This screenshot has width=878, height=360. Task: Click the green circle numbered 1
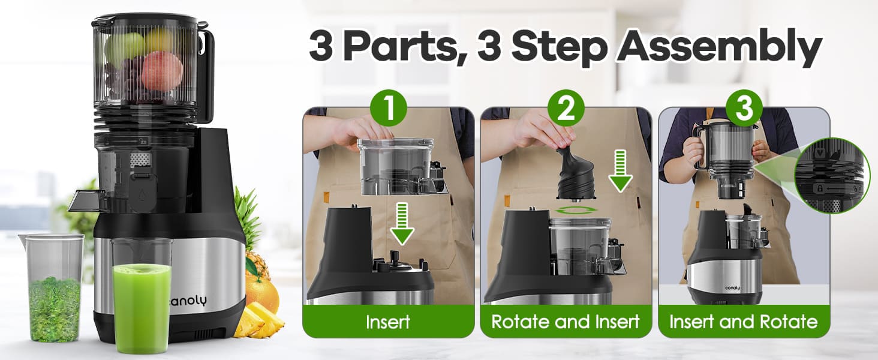coord(389,109)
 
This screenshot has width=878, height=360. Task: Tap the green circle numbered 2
coord(566,109)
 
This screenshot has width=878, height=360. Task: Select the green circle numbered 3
coord(743,109)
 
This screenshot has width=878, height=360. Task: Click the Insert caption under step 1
coord(388,322)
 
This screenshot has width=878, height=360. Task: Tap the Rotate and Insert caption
coord(566,322)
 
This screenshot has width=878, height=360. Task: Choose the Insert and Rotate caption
coord(743,322)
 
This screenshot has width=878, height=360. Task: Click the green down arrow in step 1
coord(402,223)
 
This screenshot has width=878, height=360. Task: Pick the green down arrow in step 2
coord(621,171)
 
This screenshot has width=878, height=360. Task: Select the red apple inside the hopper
coord(162,70)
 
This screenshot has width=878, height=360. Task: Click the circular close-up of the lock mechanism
coord(831,175)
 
